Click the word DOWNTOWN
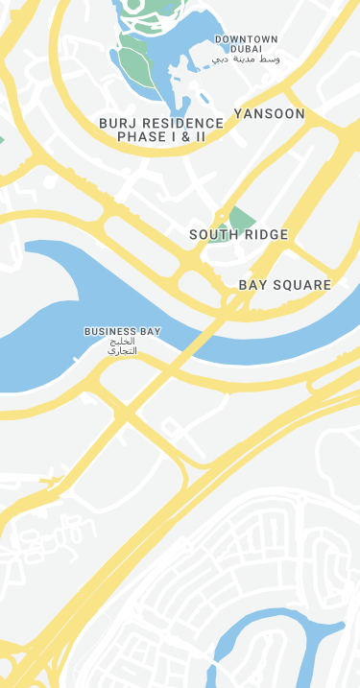[247, 39]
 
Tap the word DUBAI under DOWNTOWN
[247, 49]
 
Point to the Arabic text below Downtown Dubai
[246, 59]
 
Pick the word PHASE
[141, 137]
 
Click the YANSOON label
[270, 114]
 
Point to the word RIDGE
[267, 235]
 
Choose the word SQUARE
[303, 285]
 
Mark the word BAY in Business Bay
[151, 332]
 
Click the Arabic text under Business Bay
[123, 346]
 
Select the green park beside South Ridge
[240, 217]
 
